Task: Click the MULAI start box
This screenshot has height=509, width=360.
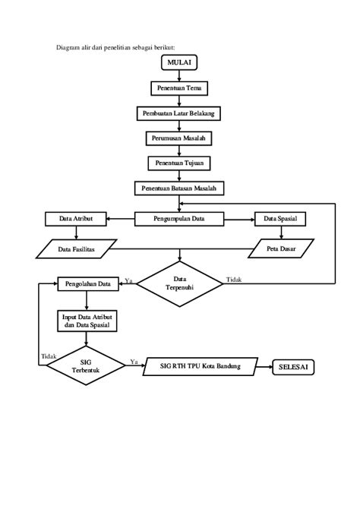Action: tap(179, 62)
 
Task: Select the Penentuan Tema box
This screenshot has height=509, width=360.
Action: tap(179, 88)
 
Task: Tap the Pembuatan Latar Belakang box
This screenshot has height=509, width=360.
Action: tap(178, 114)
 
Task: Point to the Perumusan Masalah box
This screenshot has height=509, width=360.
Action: tap(179, 138)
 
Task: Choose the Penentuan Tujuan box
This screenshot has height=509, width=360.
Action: tap(179, 163)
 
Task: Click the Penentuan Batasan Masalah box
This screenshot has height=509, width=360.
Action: tap(179, 188)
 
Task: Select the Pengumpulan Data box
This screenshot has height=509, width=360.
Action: tap(179, 219)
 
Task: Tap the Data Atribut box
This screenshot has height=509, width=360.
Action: tap(76, 219)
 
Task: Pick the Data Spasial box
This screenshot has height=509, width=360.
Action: tap(280, 219)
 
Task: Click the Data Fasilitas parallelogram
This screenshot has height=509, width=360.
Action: tap(76, 249)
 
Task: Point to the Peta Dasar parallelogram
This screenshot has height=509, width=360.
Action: tap(281, 248)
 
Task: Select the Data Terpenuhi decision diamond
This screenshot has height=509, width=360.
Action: tap(179, 283)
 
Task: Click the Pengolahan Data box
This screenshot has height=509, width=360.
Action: tap(88, 283)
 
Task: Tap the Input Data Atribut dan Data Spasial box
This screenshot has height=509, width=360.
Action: tap(87, 321)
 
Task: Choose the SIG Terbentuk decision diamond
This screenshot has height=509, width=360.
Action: tap(86, 365)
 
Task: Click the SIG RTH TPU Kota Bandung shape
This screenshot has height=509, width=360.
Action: tap(201, 366)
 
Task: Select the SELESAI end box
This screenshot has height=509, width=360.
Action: tap(293, 367)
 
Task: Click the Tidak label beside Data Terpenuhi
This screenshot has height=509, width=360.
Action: tap(234, 280)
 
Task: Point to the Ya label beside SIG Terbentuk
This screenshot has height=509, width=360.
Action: tap(134, 362)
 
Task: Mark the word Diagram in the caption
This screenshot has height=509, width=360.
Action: tap(68, 48)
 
